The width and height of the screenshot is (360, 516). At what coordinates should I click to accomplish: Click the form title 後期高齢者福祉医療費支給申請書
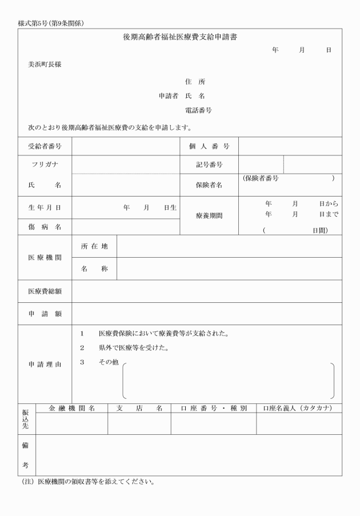point(180,37)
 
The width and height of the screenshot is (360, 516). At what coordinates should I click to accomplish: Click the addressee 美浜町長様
point(45,65)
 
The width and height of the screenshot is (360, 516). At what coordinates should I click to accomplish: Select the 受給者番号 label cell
point(45,147)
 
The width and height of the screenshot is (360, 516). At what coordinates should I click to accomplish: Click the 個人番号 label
point(209,147)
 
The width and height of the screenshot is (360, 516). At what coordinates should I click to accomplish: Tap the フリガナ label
point(45,165)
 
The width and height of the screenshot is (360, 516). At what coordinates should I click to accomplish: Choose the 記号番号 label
point(209,165)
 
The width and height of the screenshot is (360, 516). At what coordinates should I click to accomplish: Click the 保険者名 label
point(209,185)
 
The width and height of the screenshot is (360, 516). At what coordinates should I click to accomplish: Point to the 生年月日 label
point(45,207)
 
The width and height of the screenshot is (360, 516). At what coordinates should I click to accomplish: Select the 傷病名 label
point(45,227)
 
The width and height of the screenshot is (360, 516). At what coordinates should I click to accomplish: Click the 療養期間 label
point(209,216)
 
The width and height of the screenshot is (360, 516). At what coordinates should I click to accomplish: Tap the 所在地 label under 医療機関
point(94,246)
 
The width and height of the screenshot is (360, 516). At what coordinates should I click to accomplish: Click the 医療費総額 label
point(45,291)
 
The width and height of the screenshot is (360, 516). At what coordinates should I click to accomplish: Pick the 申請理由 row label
point(45,364)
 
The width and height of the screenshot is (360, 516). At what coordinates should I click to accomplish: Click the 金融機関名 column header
point(71,408)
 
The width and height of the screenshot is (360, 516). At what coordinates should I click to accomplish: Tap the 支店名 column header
point(139,408)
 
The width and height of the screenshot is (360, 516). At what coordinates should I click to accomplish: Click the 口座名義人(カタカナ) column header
point(299,408)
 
